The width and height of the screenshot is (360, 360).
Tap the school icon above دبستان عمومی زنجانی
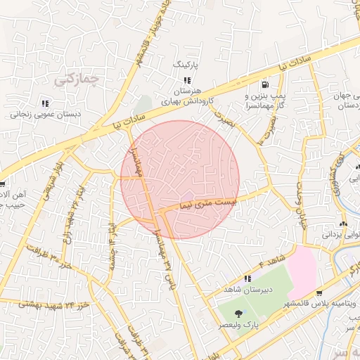pos(46,103)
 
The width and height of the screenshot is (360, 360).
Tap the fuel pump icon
pos(264,82)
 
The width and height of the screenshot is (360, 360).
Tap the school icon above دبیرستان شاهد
pos(247,278)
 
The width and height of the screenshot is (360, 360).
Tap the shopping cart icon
pos(320,294)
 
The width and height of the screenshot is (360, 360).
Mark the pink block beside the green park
pos(302,271)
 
